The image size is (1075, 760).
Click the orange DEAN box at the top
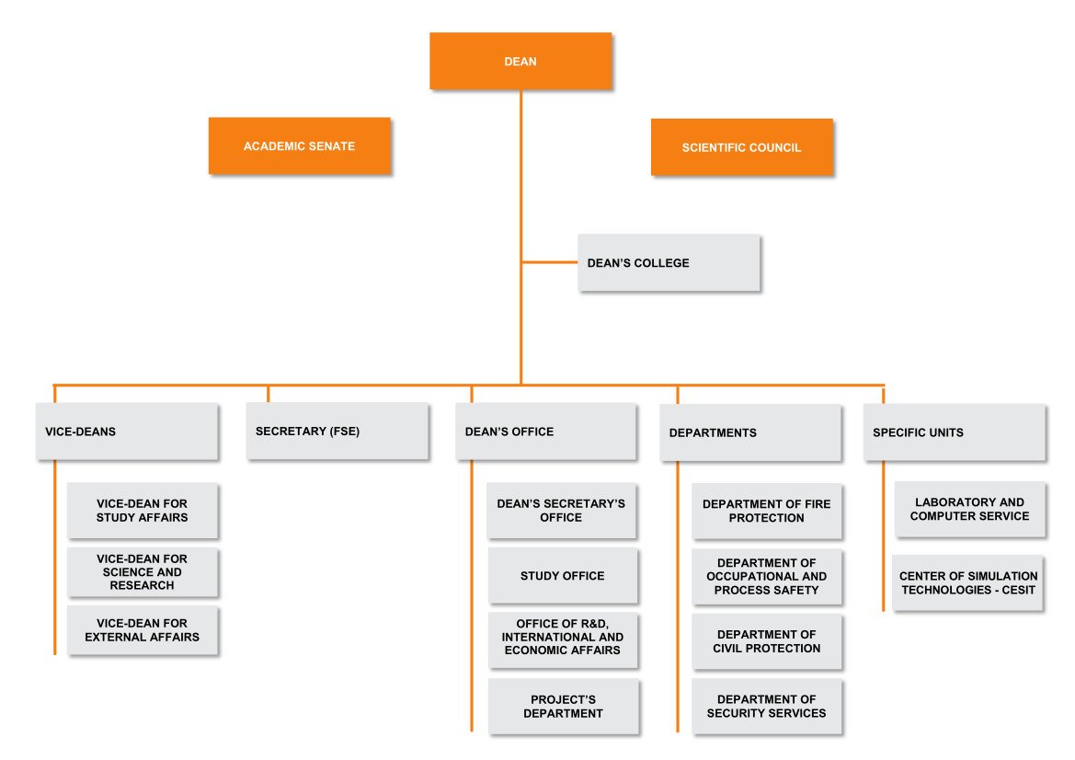tap(520, 62)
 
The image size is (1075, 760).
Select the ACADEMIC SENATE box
tap(299, 146)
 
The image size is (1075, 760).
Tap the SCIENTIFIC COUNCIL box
tap(741, 147)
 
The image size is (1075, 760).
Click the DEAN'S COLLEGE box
tap(669, 263)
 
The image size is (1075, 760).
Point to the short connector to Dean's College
tap(550, 262)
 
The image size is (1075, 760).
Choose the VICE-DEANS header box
tap(127, 432)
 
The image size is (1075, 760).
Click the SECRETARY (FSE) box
tap(337, 432)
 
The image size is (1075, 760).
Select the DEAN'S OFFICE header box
tap(544, 432)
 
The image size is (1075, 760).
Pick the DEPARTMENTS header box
tap(749, 432)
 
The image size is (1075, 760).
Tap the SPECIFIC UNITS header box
tap(954, 432)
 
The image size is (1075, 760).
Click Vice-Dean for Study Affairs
tap(142, 511)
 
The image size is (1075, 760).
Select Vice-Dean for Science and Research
tap(142, 572)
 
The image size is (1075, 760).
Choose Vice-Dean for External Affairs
tap(142, 630)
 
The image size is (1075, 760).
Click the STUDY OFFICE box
tap(562, 576)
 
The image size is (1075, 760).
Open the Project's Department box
tap(563, 707)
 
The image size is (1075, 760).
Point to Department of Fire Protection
tap(766, 512)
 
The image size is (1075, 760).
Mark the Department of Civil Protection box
tap(766, 641)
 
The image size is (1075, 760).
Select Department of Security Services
tap(766, 707)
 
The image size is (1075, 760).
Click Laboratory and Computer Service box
tap(969, 509)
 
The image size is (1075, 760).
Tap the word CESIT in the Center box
tap(1016, 590)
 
